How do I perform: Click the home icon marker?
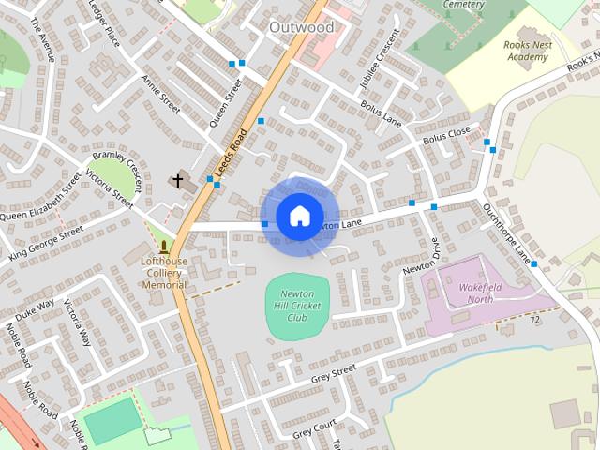pyautogui.click(x=299, y=217)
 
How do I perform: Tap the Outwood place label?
pyautogui.click(x=301, y=27)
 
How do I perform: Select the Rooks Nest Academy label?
pyautogui.click(x=525, y=51)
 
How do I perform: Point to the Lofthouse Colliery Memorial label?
pyautogui.click(x=164, y=272)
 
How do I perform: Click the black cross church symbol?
pyautogui.click(x=177, y=179)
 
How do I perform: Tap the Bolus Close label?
pyautogui.click(x=446, y=137)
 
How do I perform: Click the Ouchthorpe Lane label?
pyautogui.click(x=507, y=231)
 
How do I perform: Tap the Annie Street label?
pyautogui.click(x=160, y=96)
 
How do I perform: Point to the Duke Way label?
pyautogui.click(x=35, y=309)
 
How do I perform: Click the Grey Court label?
pyautogui.click(x=314, y=431)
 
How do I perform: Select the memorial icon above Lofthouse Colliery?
pyautogui.click(x=164, y=247)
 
